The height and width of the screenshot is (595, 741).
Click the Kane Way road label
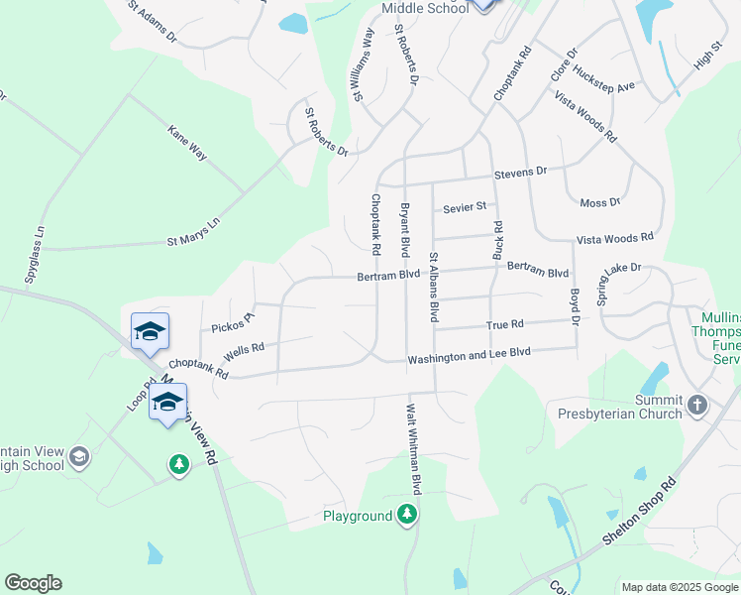187,143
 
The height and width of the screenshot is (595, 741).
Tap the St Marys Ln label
192,239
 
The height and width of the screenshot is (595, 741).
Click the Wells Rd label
244,350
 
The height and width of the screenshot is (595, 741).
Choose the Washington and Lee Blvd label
470,354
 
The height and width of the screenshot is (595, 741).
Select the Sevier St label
465,207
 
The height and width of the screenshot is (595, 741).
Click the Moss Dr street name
599,202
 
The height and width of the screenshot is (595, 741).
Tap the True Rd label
504,324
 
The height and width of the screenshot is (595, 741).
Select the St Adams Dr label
152,21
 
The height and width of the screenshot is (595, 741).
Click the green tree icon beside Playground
406,514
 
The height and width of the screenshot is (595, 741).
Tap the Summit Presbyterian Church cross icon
697,405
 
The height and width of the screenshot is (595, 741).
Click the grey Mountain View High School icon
79,457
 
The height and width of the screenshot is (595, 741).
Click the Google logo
33,583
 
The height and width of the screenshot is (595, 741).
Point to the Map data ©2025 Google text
678,586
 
